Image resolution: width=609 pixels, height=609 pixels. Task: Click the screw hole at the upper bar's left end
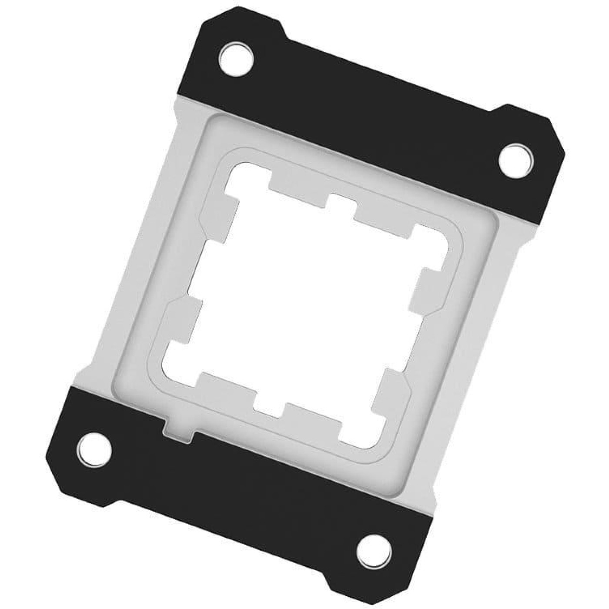point(236,57)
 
